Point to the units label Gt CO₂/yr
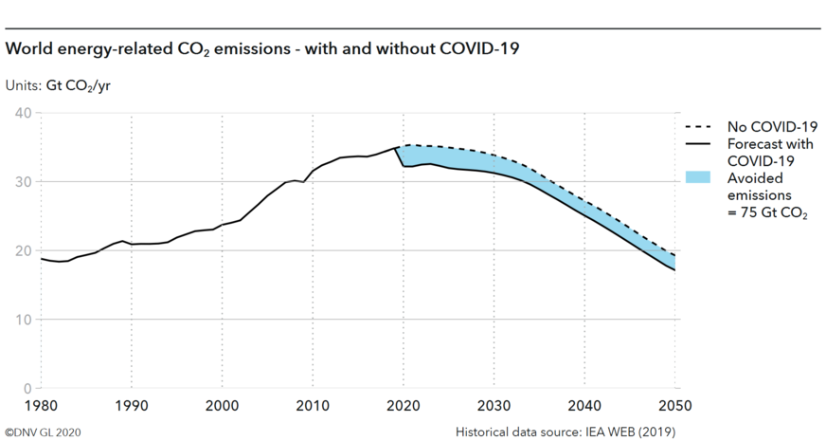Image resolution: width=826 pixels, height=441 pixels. point(58,84)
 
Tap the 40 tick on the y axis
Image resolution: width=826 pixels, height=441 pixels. point(23,113)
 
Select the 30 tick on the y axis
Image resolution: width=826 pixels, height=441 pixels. point(23,182)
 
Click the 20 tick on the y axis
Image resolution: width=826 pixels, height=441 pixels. point(23,250)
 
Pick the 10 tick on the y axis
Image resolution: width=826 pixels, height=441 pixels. point(23,320)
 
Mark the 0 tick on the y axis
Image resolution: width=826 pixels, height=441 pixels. point(27,388)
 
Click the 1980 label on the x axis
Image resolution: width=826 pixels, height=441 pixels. point(40,407)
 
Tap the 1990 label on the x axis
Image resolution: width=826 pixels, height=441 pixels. point(131,407)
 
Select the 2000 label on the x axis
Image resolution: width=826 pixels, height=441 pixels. point(223,407)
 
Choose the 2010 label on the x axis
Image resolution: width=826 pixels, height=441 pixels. point(314,407)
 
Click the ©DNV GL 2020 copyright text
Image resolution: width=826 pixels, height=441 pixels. point(44,431)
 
